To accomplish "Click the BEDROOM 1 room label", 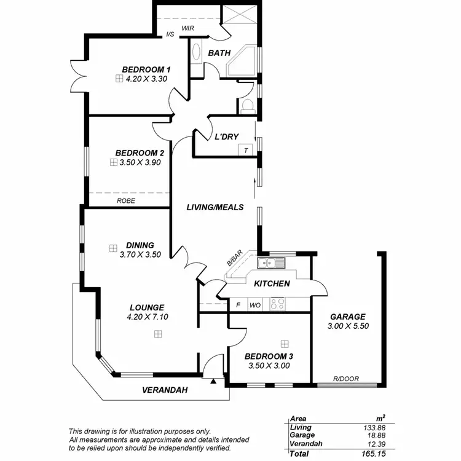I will coord(146,69).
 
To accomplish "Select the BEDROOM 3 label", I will coord(269,356).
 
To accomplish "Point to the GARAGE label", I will coord(347,317).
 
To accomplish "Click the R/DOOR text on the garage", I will coord(346,379).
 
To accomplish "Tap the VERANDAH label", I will coord(164,390).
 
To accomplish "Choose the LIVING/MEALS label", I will coord(215,207).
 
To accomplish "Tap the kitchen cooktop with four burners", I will coord(278,304).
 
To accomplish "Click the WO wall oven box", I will coord(255,305).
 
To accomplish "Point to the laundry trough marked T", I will coord(246,151).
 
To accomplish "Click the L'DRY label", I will coord(226,136).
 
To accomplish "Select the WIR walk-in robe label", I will coord(189,29).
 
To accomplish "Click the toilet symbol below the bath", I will coord(248,106).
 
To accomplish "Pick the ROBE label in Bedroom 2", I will coord(126,200).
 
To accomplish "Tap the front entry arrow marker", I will coord(213,382).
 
